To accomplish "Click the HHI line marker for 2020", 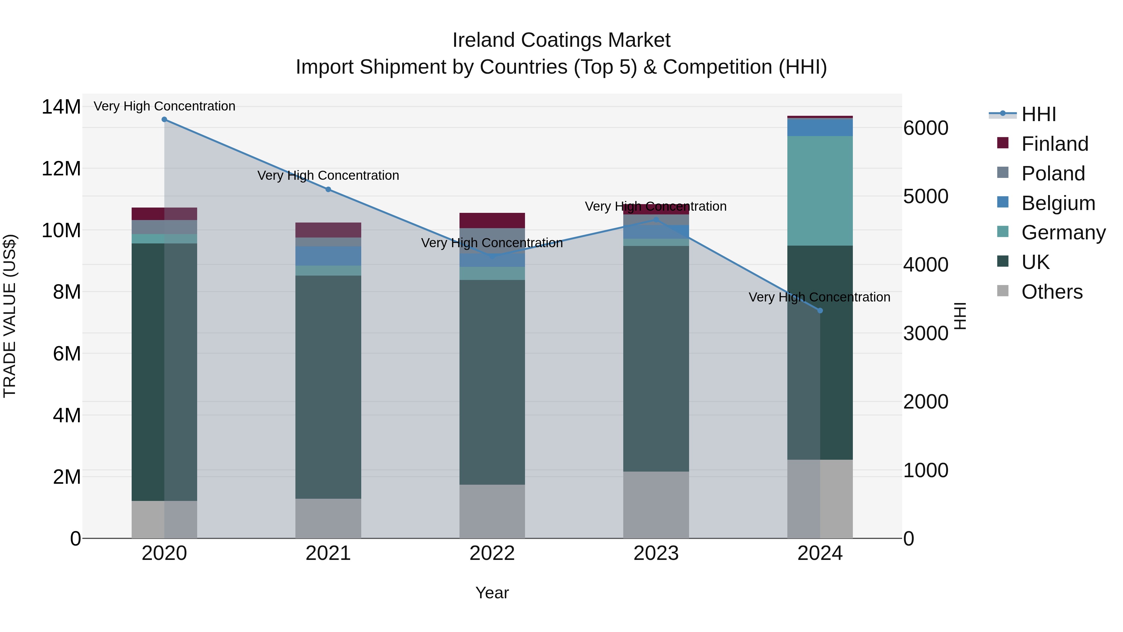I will pos(164,120).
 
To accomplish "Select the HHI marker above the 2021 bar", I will pos(328,189).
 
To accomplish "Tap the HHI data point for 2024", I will pos(820,311).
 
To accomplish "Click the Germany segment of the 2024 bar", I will pos(820,191).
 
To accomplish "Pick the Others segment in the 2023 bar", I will pos(656,505).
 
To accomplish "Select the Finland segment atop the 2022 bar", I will pos(492,220).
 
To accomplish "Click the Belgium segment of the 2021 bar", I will pos(328,256).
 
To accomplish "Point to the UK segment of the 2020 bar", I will pos(164,372).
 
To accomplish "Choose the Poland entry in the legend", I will pos(1053,174).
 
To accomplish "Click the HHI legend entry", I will pos(1038,114).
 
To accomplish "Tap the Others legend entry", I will pos(1052,292).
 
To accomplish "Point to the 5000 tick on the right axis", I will pos(926,196).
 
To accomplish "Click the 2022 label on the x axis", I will pos(492,553).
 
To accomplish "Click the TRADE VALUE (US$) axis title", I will pos(10,316).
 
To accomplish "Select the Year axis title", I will pos(492,593).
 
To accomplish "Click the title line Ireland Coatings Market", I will pos(561,40).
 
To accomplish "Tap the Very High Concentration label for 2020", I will pos(164,106).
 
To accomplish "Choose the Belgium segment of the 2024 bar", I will pos(820,127).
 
